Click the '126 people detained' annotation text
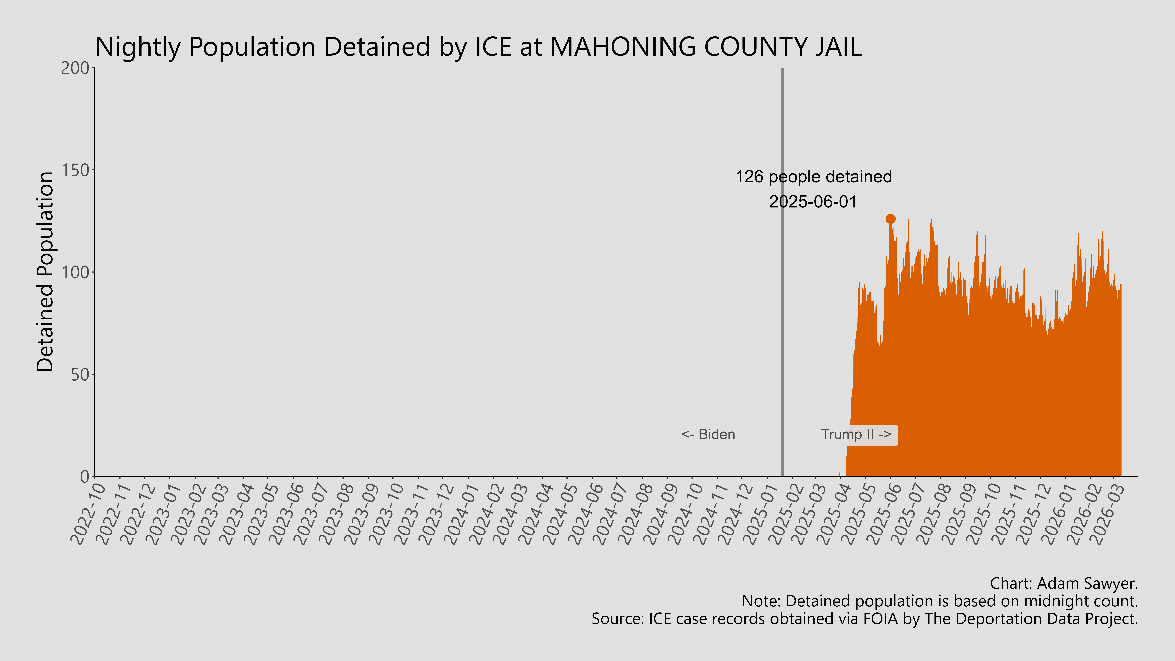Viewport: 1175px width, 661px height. point(813,177)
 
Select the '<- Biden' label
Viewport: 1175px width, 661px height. point(708,434)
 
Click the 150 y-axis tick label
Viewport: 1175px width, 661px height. point(75,170)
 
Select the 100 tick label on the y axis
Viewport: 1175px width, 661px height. point(75,272)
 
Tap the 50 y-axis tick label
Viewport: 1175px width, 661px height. point(80,375)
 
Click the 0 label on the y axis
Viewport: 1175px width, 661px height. point(85,477)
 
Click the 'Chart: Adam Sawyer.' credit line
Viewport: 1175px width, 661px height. point(1064,583)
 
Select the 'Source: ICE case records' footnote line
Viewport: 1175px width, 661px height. point(864,619)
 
